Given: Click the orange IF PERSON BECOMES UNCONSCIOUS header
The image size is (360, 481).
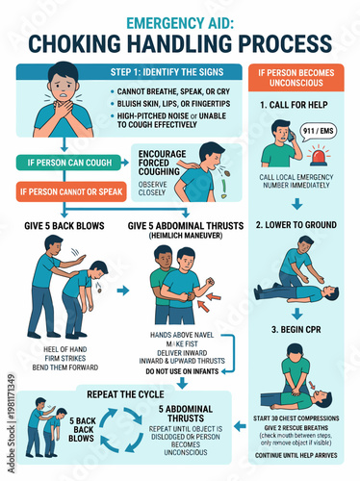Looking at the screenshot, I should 300,79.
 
